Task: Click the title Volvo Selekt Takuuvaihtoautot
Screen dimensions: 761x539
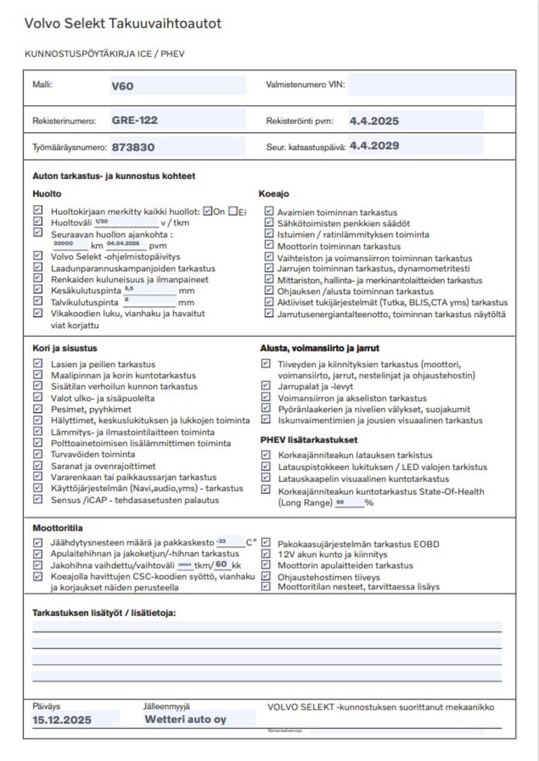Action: [x=123, y=23]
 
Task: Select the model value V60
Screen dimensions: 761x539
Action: [x=122, y=87]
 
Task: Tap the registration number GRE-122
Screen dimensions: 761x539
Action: [x=134, y=120]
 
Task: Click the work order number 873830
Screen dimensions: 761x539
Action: [x=132, y=148]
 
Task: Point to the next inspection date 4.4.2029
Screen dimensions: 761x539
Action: [x=374, y=147]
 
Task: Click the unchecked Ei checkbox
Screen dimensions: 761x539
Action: [x=233, y=211]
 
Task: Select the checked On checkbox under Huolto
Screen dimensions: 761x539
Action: [x=207, y=211]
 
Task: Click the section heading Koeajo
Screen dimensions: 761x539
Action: [x=274, y=194]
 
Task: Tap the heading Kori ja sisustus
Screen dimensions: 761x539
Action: [x=65, y=348]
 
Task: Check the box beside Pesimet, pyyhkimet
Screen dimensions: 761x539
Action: [x=38, y=409]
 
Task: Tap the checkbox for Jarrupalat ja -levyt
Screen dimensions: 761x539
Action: [x=266, y=386]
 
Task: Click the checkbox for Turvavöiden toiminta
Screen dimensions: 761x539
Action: [x=38, y=454]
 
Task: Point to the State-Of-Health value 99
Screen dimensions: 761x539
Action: [x=340, y=502]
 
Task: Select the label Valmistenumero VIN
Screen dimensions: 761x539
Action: [x=305, y=85]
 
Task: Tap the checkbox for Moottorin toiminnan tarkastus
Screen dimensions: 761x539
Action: [x=269, y=246]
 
